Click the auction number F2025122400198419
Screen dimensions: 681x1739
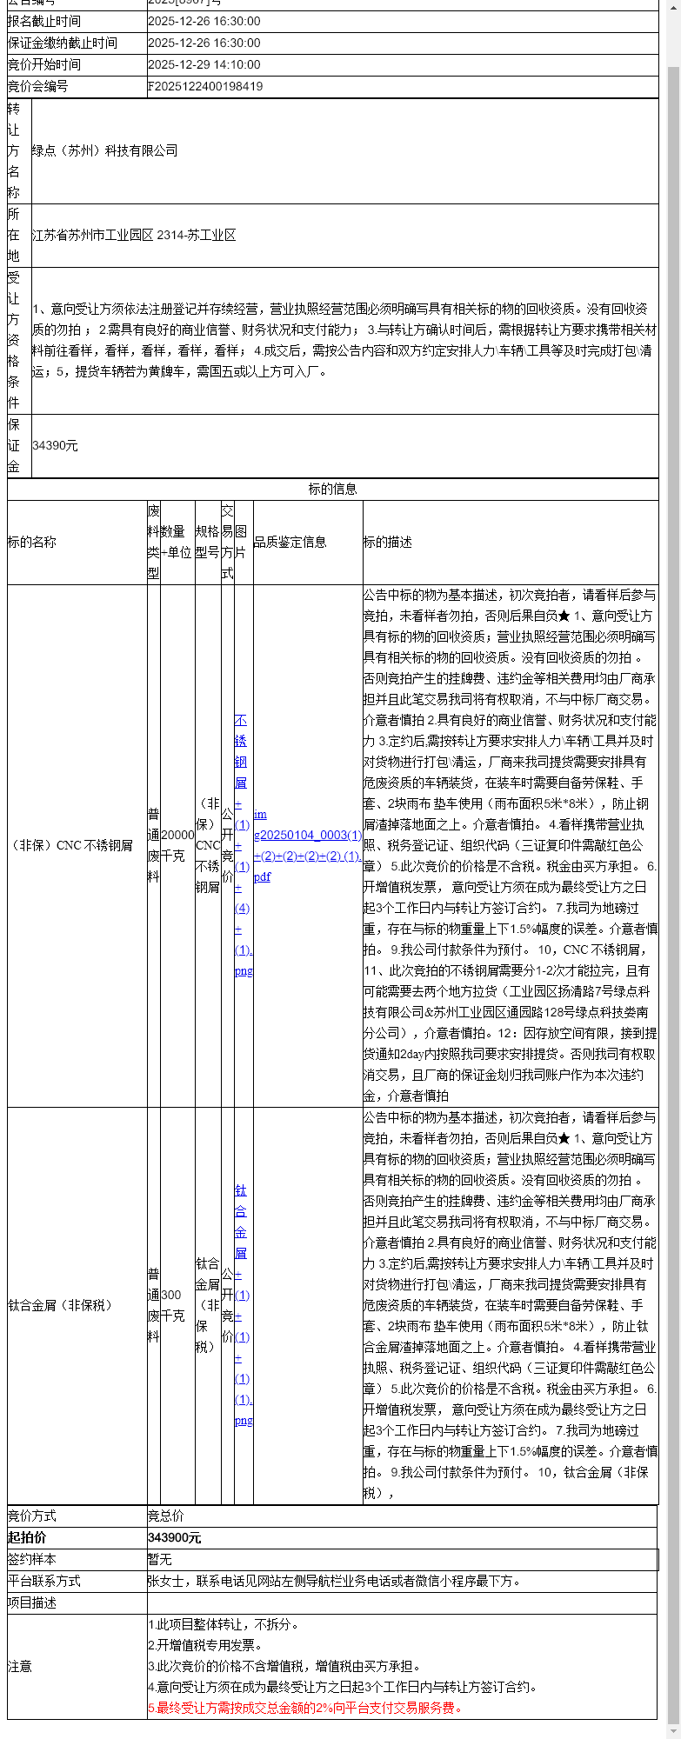(205, 86)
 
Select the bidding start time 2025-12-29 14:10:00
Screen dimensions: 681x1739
(204, 64)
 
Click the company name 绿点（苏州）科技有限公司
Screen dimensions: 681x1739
(105, 150)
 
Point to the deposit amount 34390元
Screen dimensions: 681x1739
(55, 445)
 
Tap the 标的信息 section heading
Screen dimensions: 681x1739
(332, 489)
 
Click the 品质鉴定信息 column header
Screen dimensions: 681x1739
(290, 542)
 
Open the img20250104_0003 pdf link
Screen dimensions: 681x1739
(307, 845)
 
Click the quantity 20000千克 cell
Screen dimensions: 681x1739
(177, 844)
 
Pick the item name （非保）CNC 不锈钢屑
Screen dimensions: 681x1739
(70, 845)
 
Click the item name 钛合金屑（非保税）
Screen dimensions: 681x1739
(61, 1305)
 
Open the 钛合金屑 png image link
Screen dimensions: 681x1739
(242, 1304)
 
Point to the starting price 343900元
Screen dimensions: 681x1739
(175, 1537)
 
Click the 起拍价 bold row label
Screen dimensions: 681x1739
(27, 1537)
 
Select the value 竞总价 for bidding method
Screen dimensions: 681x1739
(166, 1516)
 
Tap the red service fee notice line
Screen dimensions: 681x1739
(304, 1708)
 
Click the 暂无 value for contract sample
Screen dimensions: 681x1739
(160, 1559)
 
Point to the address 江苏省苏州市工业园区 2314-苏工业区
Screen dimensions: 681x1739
(134, 235)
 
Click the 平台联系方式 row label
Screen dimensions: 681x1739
(44, 1581)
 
